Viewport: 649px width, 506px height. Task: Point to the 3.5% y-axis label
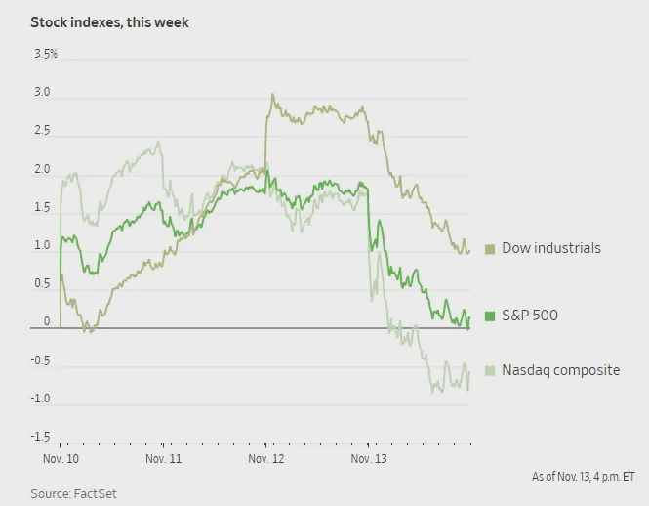coord(45,54)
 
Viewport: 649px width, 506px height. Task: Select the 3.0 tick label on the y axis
coord(42,93)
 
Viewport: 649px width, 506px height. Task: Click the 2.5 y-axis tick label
coord(42,131)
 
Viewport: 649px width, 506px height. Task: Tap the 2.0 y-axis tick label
coord(42,169)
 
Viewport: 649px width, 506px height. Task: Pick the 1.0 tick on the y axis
coord(42,245)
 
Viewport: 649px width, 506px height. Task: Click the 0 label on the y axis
coord(46,321)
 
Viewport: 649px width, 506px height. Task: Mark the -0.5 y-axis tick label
coord(40,359)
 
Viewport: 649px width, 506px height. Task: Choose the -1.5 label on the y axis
coord(40,436)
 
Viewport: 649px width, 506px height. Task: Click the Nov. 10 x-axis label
coord(60,457)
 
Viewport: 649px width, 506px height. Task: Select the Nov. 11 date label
coord(162,457)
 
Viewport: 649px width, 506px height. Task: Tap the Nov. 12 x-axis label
coord(264,457)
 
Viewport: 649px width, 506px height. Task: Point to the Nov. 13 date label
coord(367,457)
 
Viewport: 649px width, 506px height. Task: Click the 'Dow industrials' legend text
coord(550,248)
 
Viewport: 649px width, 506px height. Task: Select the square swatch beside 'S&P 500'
coord(490,316)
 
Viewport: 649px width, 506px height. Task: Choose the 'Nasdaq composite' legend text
coord(560,370)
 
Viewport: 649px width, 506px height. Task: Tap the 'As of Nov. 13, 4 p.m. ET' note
coord(583,477)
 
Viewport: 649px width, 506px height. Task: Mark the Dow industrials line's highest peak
coord(272,95)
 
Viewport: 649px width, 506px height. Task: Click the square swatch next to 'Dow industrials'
coord(490,249)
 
